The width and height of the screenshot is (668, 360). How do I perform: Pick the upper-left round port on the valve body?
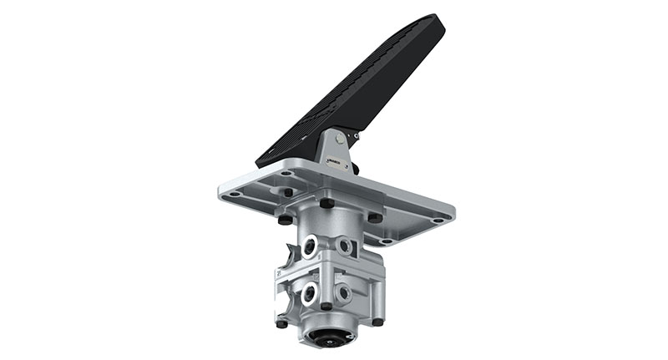point(311,245)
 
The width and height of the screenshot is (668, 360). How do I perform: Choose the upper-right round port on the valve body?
point(344,246)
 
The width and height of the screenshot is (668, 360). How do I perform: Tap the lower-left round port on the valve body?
point(310,292)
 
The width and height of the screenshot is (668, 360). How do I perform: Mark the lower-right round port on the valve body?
point(343,293)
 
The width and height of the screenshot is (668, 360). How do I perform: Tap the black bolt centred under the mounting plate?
point(326,204)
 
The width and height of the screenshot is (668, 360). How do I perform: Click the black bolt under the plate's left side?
point(286,220)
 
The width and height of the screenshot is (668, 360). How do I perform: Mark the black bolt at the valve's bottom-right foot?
point(378,321)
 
